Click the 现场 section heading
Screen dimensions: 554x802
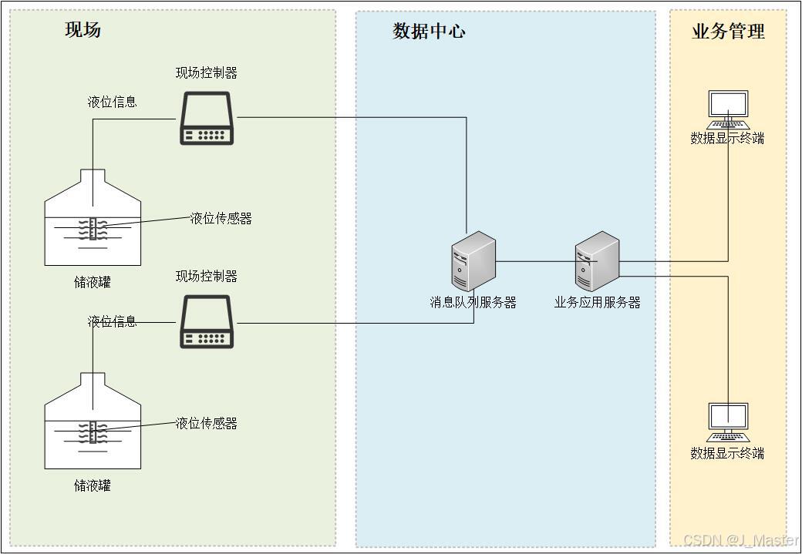pos(83,30)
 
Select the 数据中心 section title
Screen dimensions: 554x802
pos(429,31)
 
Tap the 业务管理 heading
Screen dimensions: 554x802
pos(728,32)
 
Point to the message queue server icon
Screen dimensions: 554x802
pos(473,261)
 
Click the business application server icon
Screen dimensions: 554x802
pos(597,261)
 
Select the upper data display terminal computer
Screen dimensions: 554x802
pos(728,109)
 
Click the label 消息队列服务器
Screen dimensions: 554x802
pos(473,303)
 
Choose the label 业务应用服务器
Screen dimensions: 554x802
pos(597,303)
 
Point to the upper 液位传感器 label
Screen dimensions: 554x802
pos(221,219)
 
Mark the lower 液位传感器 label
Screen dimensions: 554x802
pos(206,423)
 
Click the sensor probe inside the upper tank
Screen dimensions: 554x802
pos(93,228)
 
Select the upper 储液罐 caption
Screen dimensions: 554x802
pos(93,282)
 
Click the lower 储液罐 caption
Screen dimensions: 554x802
pos(93,485)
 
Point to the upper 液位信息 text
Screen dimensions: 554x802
pos(113,102)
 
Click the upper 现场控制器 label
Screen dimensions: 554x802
pos(206,73)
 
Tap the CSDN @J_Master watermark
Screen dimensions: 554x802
pos(740,540)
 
